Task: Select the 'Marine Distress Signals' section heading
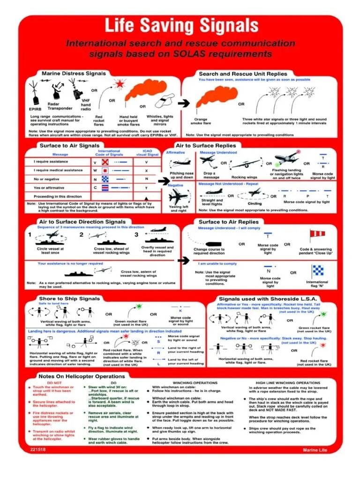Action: pyautogui.click(x=70, y=74)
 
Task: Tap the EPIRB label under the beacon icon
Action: pyautogui.click(x=36, y=109)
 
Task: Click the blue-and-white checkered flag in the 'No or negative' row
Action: pyautogui.click(x=105, y=179)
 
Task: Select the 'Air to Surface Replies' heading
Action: pyautogui.click(x=206, y=146)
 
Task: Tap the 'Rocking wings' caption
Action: pyautogui.click(x=244, y=177)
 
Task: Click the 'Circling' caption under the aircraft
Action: pyautogui.click(x=255, y=204)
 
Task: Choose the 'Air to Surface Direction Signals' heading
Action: pyautogui.click(x=82, y=222)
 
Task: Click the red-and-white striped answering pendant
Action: pyautogui.click(x=317, y=235)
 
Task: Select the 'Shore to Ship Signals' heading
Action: pyautogui.click(x=70, y=299)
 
